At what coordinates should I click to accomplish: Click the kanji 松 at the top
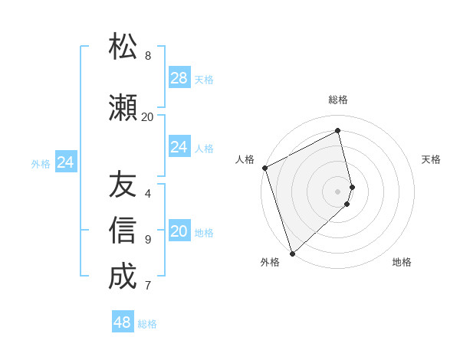coord(123,47)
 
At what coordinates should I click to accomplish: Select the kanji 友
coord(123,185)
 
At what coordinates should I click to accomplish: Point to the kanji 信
coord(123,231)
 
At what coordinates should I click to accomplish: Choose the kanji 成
coord(123,277)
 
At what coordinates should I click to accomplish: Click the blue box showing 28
coord(179,78)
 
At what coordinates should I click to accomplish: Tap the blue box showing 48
coord(123,322)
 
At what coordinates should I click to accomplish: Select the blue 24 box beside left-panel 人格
coord(179,147)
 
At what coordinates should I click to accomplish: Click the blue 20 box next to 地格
coord(179,231)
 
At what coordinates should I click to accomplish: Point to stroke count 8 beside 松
coord(148,56)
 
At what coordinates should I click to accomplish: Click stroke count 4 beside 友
coord(148,193)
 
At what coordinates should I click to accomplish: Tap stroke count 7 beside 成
coord(148,286)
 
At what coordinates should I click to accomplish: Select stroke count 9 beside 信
coord(148,240)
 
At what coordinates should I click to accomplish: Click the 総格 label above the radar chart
coord(338,100)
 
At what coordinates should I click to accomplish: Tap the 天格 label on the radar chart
coord(432,159)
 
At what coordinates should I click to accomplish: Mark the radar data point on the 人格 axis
coord(264,168)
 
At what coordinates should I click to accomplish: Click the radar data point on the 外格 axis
coord(292,253)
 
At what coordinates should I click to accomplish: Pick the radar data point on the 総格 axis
coord(338,131)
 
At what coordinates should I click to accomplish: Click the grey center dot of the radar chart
coord(338,191)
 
